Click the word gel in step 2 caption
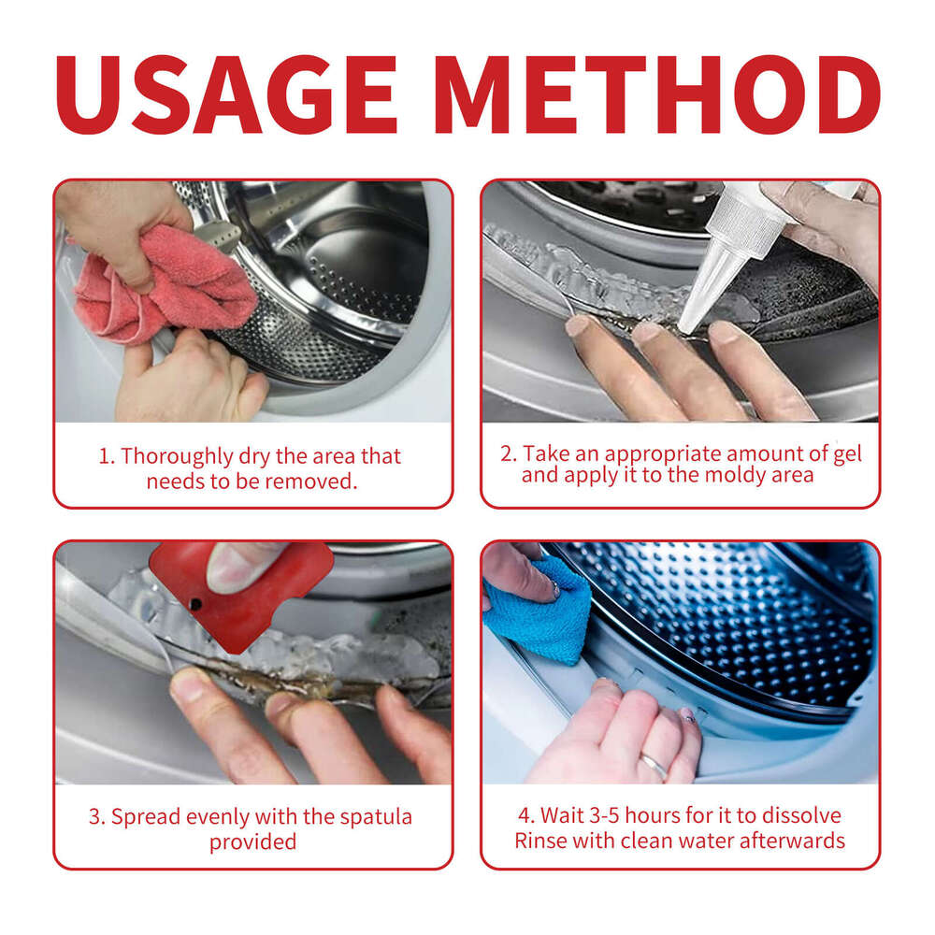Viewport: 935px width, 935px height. coord(845,454)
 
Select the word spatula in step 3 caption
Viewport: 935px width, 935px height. coord(374,816)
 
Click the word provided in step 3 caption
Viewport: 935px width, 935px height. coord(252,841)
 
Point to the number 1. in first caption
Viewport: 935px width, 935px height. coord(108,457)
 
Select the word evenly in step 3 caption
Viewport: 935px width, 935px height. coord(217,816)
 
